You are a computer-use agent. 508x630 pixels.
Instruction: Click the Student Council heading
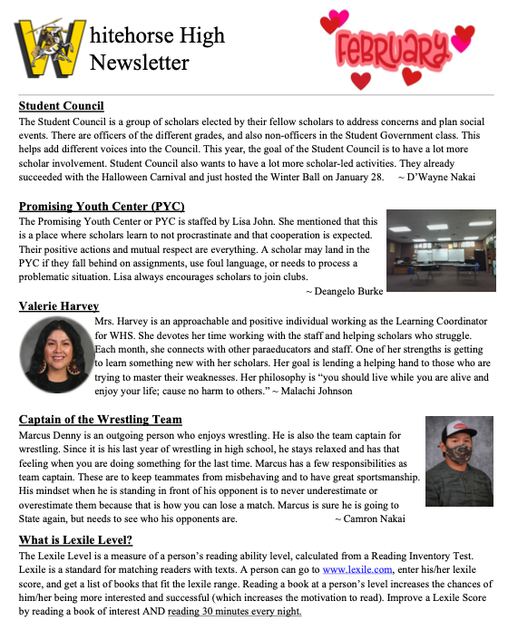click(x=61, y=106)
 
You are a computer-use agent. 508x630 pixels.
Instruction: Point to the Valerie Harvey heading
click(x=59, y=306)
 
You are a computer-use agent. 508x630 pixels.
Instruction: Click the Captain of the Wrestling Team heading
click(x=100, y=420)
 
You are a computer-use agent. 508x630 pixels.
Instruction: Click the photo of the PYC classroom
click(x=441, y=250)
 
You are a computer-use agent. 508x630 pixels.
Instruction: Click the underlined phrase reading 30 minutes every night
click(x=234, y=611)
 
